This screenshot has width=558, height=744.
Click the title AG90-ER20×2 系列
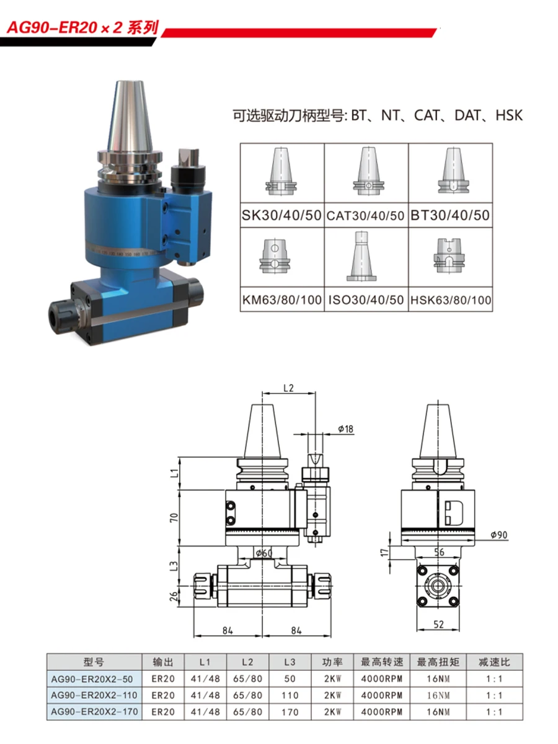(83, 28)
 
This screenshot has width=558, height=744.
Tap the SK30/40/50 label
(281, 215)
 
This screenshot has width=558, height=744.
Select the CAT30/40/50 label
(366, 216)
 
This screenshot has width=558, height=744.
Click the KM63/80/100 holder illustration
(275, 256)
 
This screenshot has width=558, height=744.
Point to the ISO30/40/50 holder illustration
(361, 256)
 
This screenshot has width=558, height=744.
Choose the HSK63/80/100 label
(451, 300)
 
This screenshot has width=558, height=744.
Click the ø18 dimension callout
(345, 429)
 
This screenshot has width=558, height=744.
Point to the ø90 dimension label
(499, 535)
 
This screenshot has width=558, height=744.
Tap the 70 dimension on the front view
(174, 518)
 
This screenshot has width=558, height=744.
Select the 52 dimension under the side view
(438, 624)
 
